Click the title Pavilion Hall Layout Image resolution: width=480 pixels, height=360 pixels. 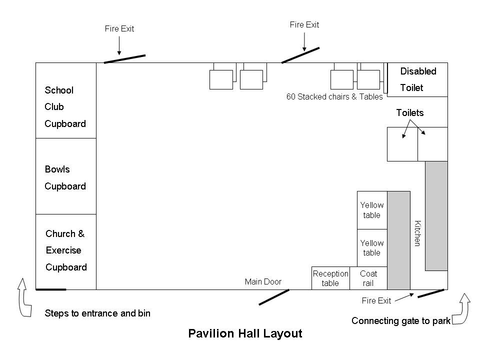pyautogui.click(x=245, y=333)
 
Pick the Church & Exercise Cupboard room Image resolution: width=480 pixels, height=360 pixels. pyautogui.click(x=65, y=251)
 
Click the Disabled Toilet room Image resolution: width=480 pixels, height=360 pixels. pyautogui.click(x=418, y=79)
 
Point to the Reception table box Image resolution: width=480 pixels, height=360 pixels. pyautogui.click(x=330, y=278)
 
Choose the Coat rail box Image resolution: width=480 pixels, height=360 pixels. pyautogui.click(x=368, y=278)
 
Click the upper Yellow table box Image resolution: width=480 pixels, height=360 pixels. pyautogui.click(x=372, y=210)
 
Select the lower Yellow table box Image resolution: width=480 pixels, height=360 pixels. pyautogui.click(x=372, y=248)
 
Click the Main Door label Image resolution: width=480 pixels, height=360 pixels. pyautogui.click(x=263, y=281)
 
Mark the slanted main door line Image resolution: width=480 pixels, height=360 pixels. pyautogui.click(x=274, y=296)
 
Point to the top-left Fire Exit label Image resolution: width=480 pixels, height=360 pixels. pyautogui.click(x=119, y=28)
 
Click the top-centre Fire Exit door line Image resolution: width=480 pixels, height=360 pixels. pyautogui.click(x=300, y=55)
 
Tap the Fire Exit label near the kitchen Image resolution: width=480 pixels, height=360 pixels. pyautogui.click(x=376, y=300)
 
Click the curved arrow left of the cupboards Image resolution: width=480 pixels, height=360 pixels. pyautogui.click(x=23, y=297)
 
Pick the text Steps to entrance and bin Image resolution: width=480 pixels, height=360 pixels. pyautogui.click(x=97, y=313)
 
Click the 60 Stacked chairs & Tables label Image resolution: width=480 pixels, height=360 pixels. pyautogui.click(x=334, y=96)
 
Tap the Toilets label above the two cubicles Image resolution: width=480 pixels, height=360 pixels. pyautogui.click(x=410, y=112)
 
